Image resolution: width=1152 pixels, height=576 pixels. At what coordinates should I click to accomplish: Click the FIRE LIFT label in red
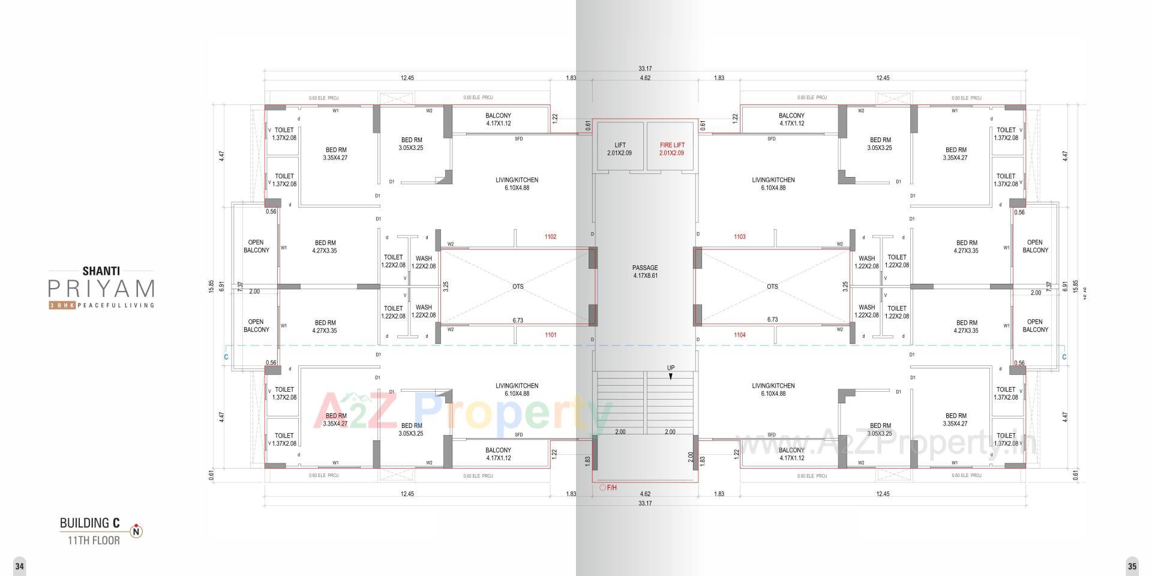[671, 145]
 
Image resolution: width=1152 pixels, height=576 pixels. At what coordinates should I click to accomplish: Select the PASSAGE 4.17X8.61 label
[645, 272]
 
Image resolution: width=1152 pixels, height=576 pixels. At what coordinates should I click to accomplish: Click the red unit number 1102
[550, 237]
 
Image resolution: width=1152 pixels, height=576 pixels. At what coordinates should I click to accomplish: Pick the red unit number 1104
[739, 335]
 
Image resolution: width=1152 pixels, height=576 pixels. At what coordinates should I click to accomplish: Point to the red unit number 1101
[550, 335]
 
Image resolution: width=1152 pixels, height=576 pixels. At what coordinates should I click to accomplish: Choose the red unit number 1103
[739, 237]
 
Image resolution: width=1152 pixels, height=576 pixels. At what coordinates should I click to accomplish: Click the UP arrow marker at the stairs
[671, 376]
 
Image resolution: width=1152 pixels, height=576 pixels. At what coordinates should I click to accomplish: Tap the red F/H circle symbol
[602, 488]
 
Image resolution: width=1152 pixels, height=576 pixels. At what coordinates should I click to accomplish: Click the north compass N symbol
[137, 531]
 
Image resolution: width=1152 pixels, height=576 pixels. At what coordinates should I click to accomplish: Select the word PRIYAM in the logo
[101, 289]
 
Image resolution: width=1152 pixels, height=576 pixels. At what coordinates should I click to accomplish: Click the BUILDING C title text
[89, 523]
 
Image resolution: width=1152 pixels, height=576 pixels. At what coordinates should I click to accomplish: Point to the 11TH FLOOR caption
[94, 541]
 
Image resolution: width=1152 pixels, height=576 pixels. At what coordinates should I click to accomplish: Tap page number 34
[20, 566]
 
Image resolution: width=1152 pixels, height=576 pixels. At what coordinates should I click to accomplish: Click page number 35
[1132, 566]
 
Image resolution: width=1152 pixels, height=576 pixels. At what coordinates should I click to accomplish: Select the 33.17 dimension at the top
[645, 69]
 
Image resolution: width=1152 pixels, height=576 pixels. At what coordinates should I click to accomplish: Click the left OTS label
[518, 287]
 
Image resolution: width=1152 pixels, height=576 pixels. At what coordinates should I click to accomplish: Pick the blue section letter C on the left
[226, 357]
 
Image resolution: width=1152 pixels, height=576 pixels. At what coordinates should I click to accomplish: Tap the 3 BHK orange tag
[62, 305]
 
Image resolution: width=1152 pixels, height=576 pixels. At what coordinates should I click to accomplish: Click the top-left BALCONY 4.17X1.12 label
[498, 119]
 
